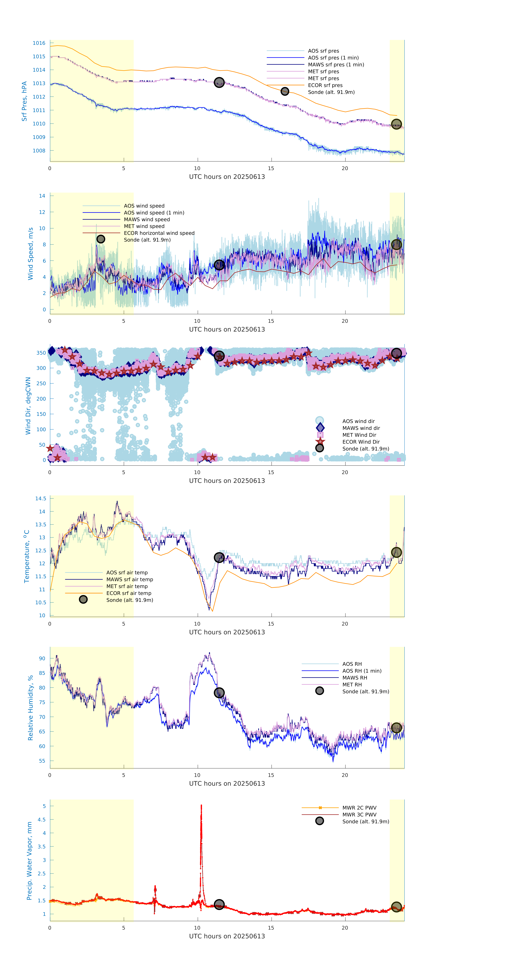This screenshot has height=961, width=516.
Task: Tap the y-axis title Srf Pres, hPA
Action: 24,101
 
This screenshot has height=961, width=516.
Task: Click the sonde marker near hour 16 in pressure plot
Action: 285,91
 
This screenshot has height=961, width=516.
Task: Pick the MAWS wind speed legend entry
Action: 147,219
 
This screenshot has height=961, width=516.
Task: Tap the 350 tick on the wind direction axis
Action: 41,353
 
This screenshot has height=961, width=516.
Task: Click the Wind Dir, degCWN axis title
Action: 28,406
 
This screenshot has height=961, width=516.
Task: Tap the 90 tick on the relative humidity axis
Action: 42,658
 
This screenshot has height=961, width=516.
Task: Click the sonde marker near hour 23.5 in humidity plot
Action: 396,728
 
